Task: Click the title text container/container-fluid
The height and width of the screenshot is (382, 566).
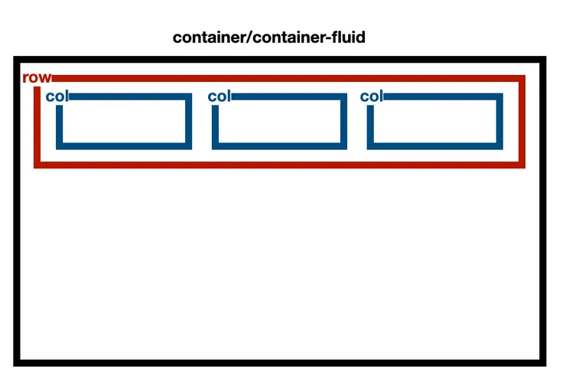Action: (268, 37)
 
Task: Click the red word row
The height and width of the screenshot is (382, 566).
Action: (37, 78)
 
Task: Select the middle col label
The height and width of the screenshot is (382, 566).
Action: (219, 96)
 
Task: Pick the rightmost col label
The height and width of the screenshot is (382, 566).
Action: (371, 96)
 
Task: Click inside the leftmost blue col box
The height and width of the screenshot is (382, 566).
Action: (124, 121)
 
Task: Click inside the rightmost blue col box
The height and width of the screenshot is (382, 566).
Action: (434, 121)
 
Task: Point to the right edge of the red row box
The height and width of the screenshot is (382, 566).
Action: (522, 121)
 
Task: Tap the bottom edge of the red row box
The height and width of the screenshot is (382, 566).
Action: (279, 165)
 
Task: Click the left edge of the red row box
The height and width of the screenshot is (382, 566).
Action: (37, 126)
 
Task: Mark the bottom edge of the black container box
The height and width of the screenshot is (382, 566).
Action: (279, 362)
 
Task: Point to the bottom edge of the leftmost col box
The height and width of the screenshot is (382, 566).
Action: (124, 146)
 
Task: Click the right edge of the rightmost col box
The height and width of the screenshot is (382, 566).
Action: (500, 121)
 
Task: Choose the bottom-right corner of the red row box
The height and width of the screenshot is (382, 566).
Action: (522, 165)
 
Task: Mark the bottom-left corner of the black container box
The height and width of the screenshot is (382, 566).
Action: (17, 362)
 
